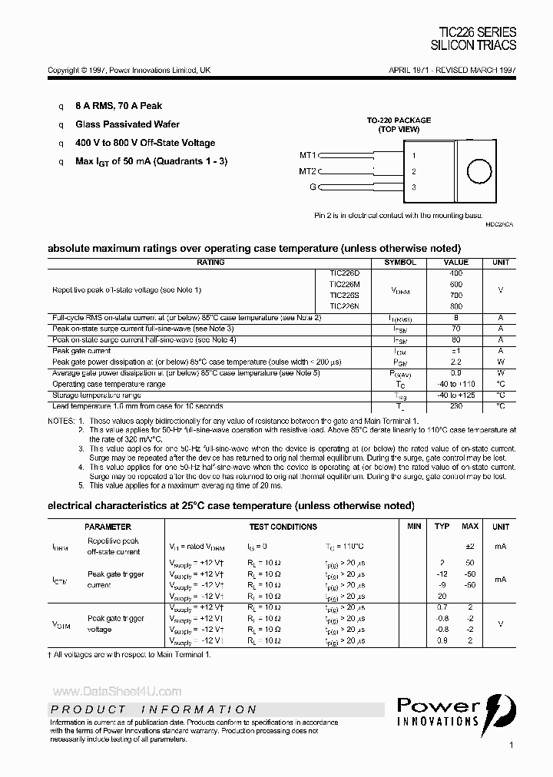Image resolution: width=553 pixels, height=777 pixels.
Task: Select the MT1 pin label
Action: [x=307, y=154]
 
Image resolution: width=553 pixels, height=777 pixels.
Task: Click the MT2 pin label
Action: [x=307, y=170]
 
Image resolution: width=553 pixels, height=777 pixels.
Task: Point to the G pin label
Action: [x=313, y=187]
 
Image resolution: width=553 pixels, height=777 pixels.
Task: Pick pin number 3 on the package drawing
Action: [x=414, y=187]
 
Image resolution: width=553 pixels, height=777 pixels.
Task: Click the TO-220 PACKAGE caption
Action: [x=398, y=121]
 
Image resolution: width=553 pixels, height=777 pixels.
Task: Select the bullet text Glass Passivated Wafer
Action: [x=127, y=124]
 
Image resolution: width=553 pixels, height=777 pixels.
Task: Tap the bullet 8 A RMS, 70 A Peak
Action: [x=118, y=106]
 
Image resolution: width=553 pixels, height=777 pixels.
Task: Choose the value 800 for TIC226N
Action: [x=456, y=306]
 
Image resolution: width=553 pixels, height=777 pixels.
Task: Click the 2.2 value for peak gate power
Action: [x=456, y=361]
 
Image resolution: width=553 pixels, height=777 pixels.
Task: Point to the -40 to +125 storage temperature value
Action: [x=456, y=395]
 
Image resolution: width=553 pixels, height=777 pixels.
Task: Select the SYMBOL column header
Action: [x=400, y=263]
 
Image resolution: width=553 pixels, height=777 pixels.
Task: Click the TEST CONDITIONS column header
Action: [x=283, y=527]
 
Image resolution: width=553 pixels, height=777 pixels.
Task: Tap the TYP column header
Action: [x=442, y=527]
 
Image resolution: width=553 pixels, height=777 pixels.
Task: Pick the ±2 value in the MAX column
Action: [x=469, y=546]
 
